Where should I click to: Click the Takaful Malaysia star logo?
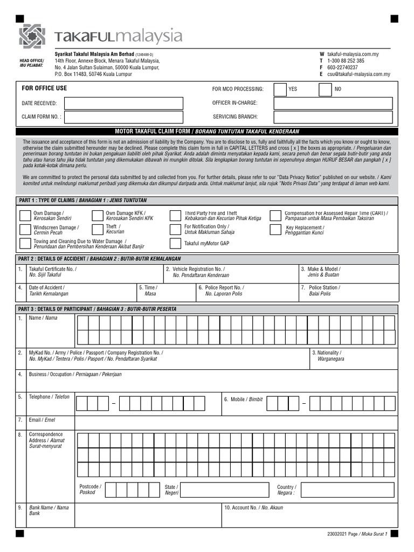(x=32, y=36)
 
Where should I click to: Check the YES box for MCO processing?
(x=280, y=89)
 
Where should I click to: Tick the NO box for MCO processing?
(x=325, y=89)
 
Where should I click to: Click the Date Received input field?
(x=123, y=103)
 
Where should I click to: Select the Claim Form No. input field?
(x=123, y=117)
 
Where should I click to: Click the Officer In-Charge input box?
(x=333, y=103)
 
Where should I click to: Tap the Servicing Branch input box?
(x=333, y=117)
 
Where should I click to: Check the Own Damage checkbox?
(x=25, y=216)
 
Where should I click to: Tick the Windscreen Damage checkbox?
(x=25, y=230)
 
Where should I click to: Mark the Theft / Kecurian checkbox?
(x=97, y=230)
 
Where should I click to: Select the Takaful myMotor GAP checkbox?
(x=175, y=244)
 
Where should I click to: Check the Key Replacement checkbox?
(x=275, y=230)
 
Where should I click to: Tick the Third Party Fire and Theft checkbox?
(x=175, y=216)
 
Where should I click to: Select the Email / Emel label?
(x=42, y=419)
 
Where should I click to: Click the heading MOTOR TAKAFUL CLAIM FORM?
(x=153, y=132)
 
